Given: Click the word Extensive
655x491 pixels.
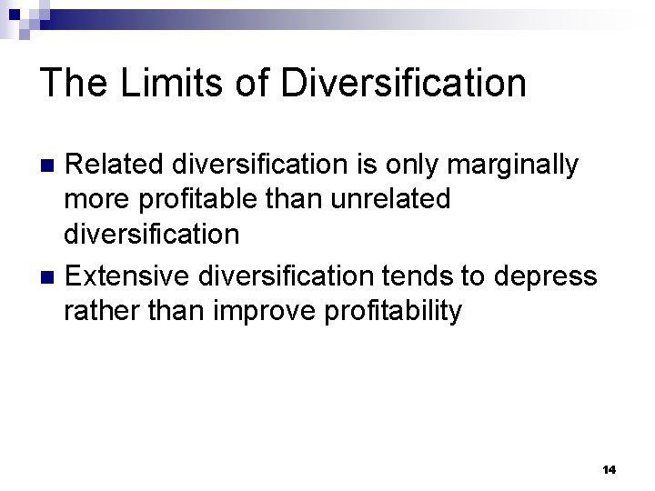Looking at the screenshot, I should (133, 276).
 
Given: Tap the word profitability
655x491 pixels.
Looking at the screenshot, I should (393, 311).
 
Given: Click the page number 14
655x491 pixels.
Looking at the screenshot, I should (609, 470).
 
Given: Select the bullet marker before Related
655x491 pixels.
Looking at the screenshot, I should (51, 165).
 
